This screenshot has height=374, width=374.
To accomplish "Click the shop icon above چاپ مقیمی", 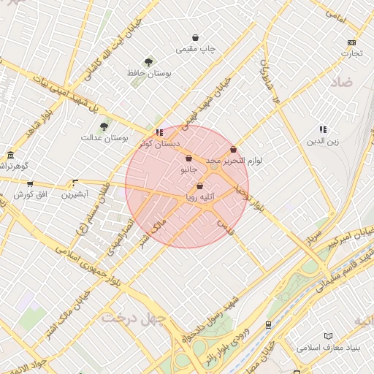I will tap(195, 37).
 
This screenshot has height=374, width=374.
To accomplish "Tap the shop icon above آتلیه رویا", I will tap(199, 186).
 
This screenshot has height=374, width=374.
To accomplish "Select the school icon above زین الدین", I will tap(323, 129).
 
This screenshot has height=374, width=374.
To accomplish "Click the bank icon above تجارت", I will tap(352, 42).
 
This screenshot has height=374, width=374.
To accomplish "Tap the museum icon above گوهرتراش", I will tap(10, 155).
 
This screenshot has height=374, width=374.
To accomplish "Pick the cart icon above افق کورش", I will tap(30, 184).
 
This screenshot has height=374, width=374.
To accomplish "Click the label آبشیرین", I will tap(75, 194).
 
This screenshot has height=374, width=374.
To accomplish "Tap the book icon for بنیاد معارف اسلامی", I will tap(298, 348).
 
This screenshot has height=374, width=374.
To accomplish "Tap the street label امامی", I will tap(337, 12).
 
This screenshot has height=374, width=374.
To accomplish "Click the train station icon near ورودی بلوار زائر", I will tap(268, 324).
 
